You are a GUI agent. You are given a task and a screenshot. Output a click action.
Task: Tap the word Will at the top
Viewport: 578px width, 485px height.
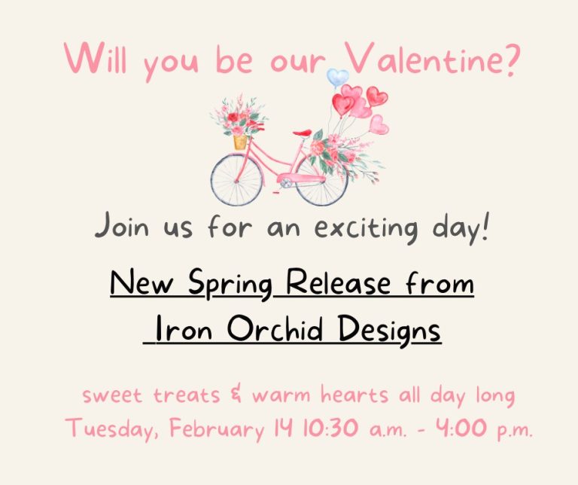click(96, 58)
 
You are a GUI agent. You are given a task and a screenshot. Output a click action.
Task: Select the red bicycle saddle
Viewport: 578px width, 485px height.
click(303, 133)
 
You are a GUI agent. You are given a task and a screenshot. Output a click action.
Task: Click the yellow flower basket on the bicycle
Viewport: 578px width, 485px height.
click(240, 142)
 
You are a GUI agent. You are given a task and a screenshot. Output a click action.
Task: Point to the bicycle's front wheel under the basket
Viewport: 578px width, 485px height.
click(236, 180)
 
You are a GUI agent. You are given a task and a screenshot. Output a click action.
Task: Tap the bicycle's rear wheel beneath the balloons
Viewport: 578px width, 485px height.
click(321, 181)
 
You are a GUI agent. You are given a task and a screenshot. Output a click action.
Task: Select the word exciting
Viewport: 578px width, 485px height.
click(366, 227)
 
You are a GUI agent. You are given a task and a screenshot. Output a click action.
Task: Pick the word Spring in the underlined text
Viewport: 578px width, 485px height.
click(231, 285)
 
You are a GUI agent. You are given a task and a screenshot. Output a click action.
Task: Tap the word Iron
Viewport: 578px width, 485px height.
click(183, 328)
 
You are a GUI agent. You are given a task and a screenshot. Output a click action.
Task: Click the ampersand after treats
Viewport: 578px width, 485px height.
click(236, 395)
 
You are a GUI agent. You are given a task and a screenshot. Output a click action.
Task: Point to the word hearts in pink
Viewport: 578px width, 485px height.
click(354, 395)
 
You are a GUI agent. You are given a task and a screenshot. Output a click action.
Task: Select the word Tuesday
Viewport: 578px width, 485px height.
click(114, 429)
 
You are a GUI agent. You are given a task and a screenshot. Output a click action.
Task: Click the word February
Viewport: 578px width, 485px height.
click(217, 429)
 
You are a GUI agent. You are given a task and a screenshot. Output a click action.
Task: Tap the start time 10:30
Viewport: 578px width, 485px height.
click(330, 429)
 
